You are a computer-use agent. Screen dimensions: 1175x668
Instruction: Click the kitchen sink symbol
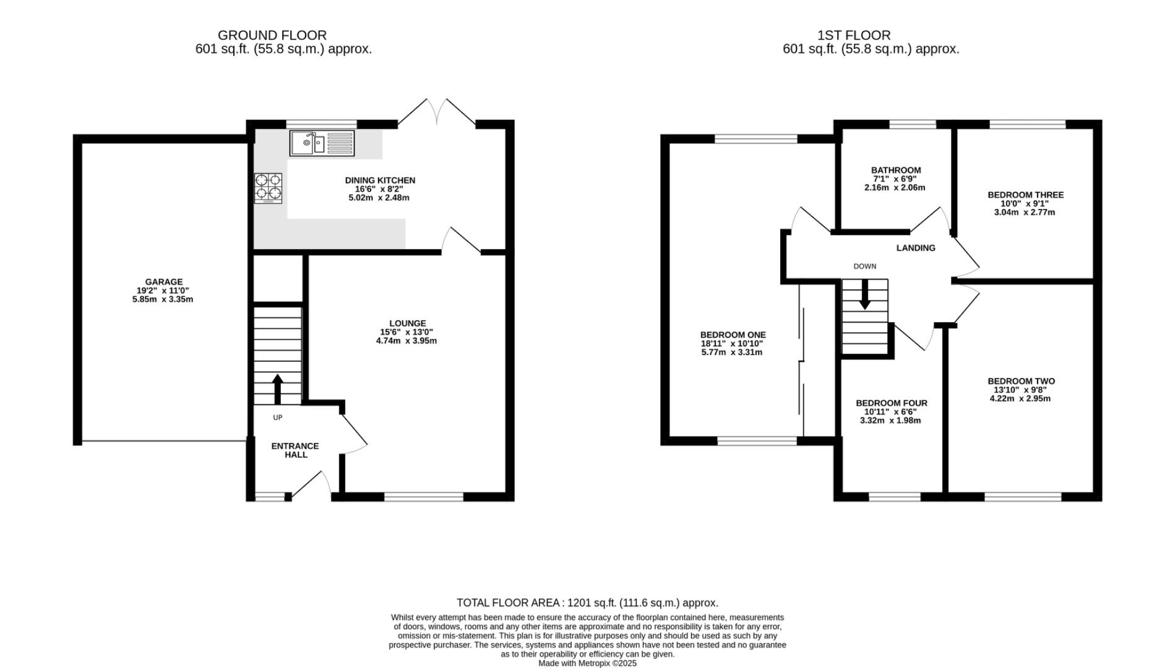click(x=322, y=143)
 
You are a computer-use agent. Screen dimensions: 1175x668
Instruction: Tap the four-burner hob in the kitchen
click(x=268, y=188)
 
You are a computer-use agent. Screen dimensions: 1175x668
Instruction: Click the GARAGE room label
click(x=164, y=282)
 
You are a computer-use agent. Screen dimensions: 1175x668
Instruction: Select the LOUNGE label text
click(x=407, y=323)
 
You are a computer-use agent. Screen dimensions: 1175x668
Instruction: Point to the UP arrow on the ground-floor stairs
click(x=277, y=389)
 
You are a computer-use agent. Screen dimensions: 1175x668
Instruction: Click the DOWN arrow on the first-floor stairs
click(x=864, y=294)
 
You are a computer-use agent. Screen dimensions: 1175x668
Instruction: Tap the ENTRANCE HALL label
click(x=295, y=450)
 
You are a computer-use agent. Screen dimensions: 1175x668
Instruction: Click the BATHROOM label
click(x=896, y=170)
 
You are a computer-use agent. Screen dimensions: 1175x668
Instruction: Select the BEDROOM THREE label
click(x=1026, y=195)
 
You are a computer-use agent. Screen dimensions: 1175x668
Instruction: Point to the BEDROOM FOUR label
click(x=892, y=403)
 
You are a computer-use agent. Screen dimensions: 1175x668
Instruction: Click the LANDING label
click(x=916, y=248)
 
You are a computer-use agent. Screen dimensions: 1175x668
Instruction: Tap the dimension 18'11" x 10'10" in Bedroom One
click(x=733, y=344)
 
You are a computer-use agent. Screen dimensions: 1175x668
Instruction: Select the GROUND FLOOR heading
click(x=272, y=35)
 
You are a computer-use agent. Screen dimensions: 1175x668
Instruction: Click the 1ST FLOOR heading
click(x=854, y=35)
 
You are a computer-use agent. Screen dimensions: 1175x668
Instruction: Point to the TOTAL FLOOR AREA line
click(x=587, y=602)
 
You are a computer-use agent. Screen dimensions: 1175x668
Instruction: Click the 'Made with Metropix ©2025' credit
click(x=587, y=663)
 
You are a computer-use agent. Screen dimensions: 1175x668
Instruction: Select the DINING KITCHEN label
click(x=380, y=181)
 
